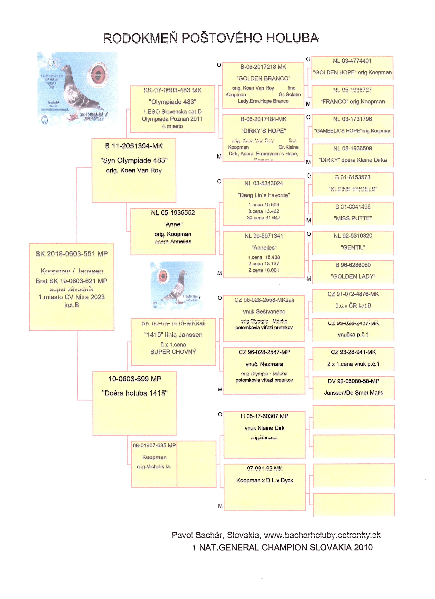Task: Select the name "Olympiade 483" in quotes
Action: tap(173, 102)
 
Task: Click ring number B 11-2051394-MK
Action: tap(134, 146)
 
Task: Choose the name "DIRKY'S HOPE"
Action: tap(263, 131)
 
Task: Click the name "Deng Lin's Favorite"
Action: tap(264, 195)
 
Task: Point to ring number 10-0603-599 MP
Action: tap(135, 379)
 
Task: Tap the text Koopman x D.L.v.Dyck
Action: tap(264, 480)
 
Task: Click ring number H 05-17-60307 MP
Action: tap(264, 416)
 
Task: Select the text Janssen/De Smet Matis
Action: tap(353, 392)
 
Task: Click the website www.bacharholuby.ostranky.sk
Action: tap(322, 535)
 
